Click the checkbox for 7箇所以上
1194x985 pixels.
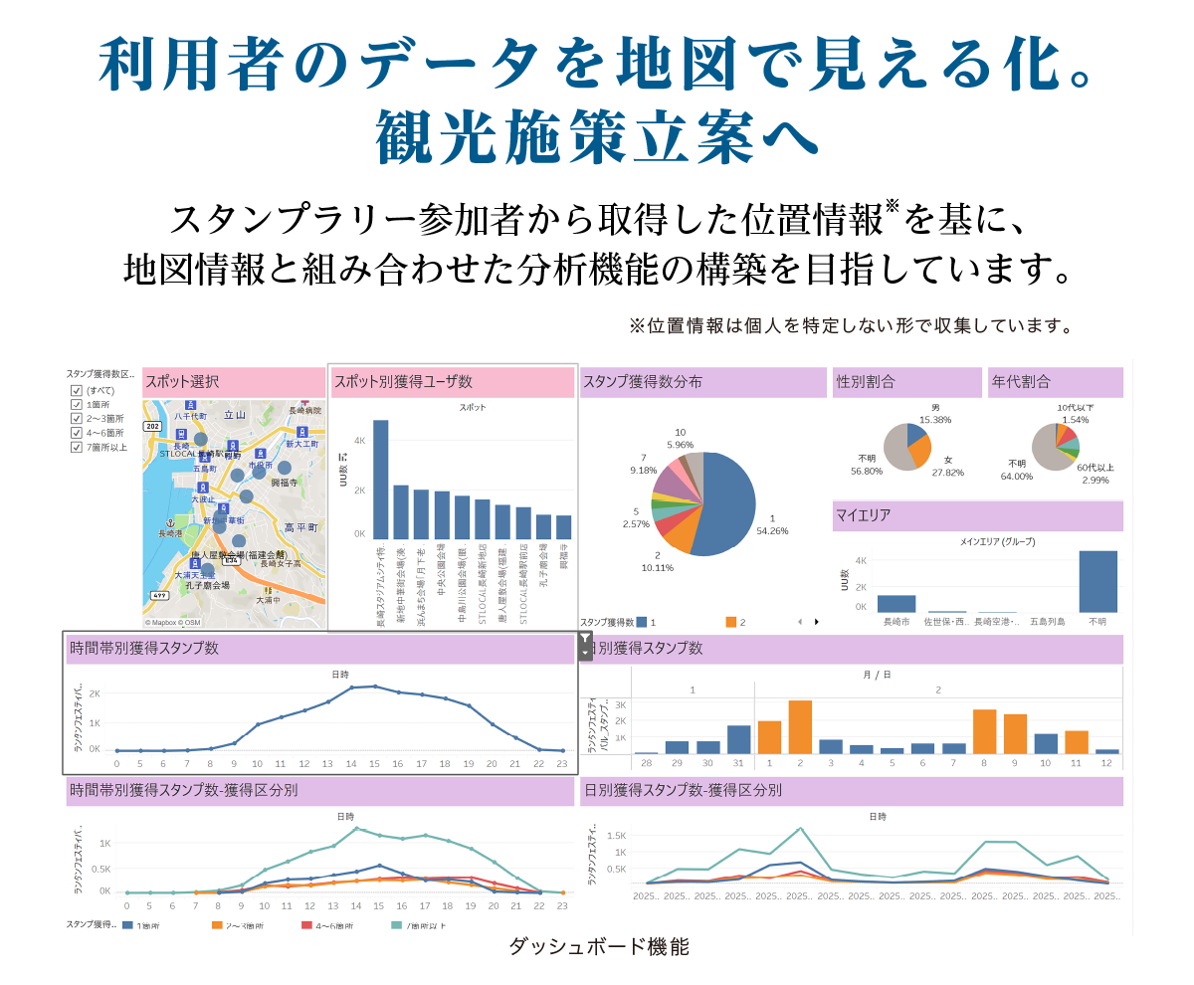click(77, 448)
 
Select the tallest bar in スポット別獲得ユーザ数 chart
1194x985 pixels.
click(380, 479)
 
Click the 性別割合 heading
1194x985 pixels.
click(866, 381)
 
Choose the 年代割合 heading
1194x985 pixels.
click(1021, 381)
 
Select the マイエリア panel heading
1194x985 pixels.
click(864, 515)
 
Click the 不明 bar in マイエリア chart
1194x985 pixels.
click(1097, 581)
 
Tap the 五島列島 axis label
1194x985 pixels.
click(1047, 622)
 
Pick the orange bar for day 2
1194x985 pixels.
click(800, 727)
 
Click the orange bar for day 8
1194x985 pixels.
click(984, 731)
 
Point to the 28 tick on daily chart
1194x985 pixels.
click(646, 763)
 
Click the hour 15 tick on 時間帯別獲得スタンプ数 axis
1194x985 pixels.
click(373, 764)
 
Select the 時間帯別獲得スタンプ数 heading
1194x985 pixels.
click(144, 648)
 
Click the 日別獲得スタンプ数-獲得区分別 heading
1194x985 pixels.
click(682, 791)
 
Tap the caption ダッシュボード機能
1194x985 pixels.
click(599, 946)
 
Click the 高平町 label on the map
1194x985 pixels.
click(299, 527)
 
